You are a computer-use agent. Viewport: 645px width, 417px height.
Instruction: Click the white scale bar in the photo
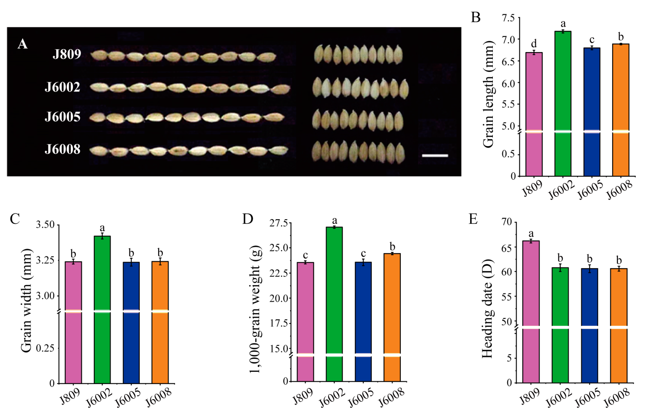pos(435,156)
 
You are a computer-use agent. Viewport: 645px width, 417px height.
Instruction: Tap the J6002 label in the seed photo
pos(62,87)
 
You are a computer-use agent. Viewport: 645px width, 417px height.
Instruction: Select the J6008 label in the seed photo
pos(62,149)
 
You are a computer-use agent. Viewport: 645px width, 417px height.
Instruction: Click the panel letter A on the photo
pos(22,44)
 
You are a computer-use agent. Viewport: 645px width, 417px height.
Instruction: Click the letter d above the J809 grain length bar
pos(534,44)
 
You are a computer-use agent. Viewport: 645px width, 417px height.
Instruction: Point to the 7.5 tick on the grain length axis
pos(508,18)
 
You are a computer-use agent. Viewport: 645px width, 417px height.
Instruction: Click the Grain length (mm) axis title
pos(488,94)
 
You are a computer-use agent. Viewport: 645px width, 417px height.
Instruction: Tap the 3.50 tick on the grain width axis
pos(45,224)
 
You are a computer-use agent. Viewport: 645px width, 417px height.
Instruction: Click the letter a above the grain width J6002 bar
pos(102,228)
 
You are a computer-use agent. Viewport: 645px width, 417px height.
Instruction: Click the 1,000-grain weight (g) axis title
pos(255,309)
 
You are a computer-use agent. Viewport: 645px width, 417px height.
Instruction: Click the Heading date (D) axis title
pos(487,309)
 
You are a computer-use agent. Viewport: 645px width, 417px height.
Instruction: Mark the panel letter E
pos(473,219)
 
